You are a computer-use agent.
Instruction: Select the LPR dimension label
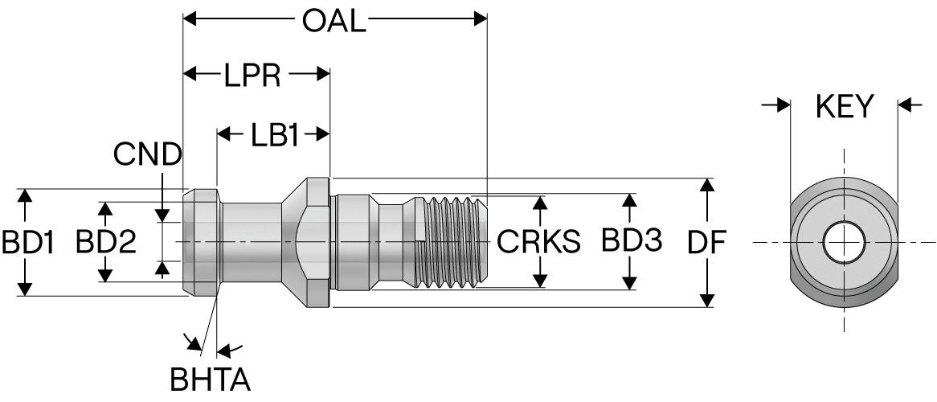pyautogui.click(x=252, y=76)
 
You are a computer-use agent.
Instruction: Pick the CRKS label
pyautogui.click(x=538, y=241)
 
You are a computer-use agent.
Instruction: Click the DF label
pyautogui.click(x=707, y=241)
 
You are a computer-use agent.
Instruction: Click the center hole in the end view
pyautogui.click(x=844, y=241)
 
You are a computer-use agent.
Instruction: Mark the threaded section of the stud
pyautogui.click(x=452, y=241)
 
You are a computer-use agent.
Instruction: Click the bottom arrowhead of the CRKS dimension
pyautogui.click(x=541, y=281)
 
